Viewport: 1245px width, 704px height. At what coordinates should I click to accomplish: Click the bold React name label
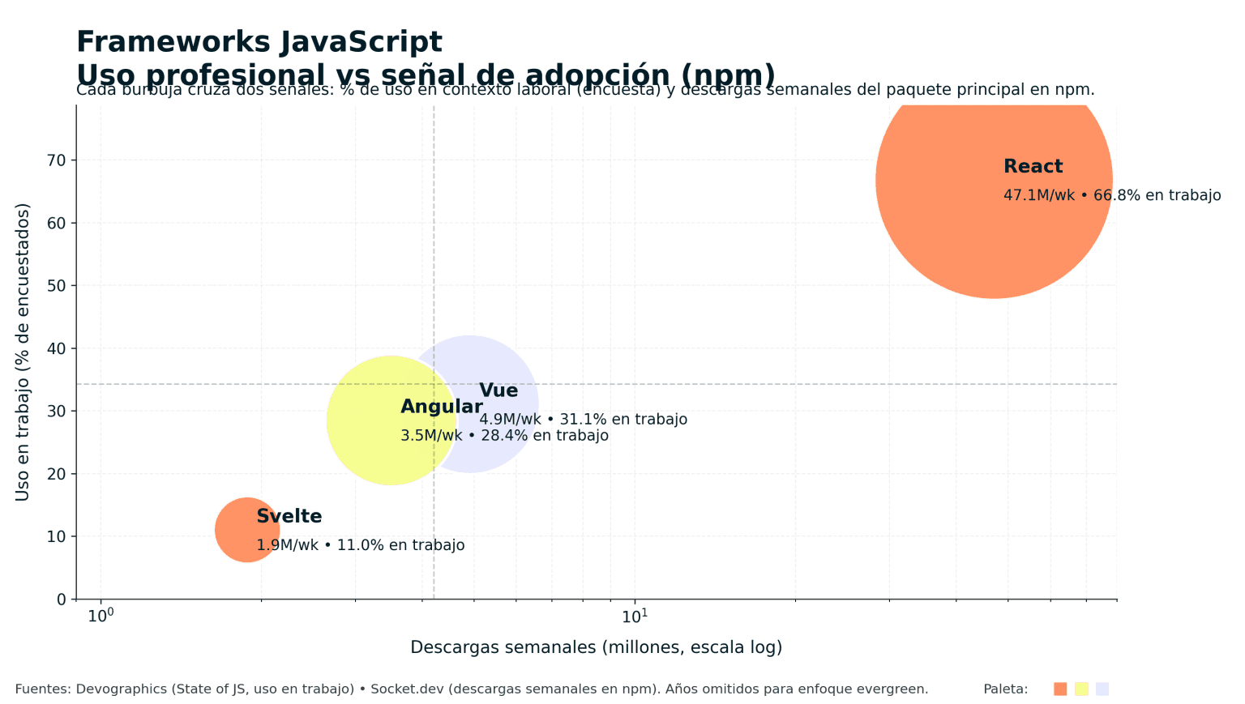[1033, 167]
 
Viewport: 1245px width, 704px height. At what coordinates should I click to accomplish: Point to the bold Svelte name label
[289, 517]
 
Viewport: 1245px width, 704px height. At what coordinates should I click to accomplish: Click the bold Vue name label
[498, 391]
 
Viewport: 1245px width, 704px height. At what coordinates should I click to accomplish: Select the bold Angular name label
[442, 407]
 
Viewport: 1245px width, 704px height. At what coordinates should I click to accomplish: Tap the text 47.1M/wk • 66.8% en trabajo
[1112, 195]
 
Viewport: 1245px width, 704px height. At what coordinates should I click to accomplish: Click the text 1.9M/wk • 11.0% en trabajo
[361, 545]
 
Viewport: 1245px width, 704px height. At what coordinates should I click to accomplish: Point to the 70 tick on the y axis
[57, 160]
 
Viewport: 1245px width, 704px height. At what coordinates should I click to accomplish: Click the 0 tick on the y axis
[62, 599]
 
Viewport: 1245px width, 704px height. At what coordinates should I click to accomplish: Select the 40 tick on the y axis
[57, 348]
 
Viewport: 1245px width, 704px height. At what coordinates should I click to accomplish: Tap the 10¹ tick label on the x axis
[635, 617]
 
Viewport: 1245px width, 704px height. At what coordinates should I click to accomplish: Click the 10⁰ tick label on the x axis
[101, 617]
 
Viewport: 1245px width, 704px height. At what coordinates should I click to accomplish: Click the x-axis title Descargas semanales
[596, 647]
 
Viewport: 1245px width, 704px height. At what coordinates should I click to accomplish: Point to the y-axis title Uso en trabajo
[23, 352]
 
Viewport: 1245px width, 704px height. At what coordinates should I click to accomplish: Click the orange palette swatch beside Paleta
[1060, 689]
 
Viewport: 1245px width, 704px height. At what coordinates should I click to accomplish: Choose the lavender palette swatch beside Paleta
[1102, 689]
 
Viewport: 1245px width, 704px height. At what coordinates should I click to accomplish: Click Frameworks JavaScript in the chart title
[259, 42]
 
